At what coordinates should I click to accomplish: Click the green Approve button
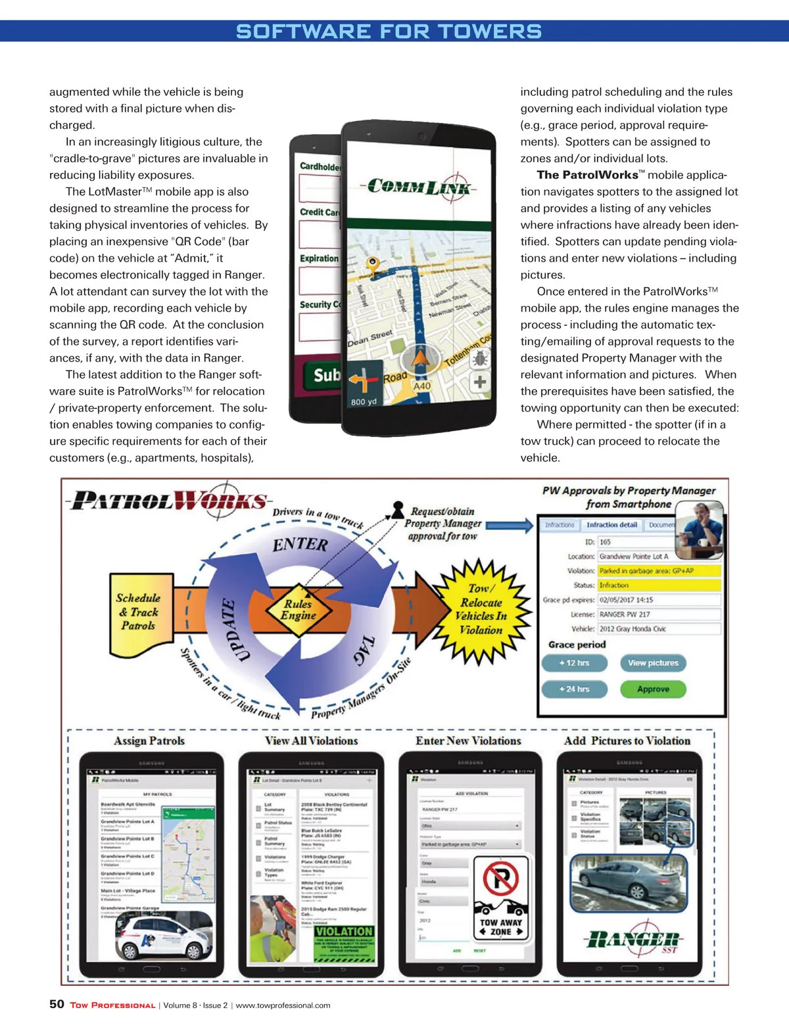[653, 689]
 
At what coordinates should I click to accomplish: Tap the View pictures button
[653, 662]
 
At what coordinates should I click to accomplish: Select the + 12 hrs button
[574, 662]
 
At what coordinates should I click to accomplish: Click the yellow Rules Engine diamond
[299, 610]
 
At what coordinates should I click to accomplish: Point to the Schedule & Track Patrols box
[139, 614]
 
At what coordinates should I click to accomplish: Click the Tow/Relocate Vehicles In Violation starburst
[482, 610]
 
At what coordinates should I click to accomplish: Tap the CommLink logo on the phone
[419, 186]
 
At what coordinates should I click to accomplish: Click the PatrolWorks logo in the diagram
[170, 501]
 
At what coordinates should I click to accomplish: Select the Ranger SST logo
[633, 940]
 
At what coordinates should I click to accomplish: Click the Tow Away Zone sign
[501, 899]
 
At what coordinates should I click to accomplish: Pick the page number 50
[57, 1004]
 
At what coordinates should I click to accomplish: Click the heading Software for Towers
[389, 31]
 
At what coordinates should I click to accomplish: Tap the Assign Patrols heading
[149, 741]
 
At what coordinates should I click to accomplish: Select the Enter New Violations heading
[468, 741]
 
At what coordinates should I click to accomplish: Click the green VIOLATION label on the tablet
[344, 931]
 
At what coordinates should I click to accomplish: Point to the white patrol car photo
[166, 938]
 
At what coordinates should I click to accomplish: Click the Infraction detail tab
[611, 525]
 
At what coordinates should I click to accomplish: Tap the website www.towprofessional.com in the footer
[283, 1005]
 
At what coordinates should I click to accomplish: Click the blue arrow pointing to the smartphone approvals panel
[510, 525]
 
